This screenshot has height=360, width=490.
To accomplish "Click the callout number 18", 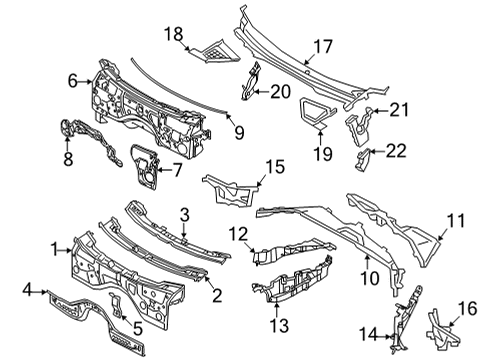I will [x=174, y=33].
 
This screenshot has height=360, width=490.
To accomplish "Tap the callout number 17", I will [x=324, y=45].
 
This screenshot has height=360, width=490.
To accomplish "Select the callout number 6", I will [x=72, y=78].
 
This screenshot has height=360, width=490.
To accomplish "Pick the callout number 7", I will [x=177, y=170].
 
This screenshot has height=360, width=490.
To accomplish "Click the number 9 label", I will [x=239, y=130].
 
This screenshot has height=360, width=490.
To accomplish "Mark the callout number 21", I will [x=400, y=109].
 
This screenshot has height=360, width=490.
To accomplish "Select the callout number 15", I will [x=274, y=164].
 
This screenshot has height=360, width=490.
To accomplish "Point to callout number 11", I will [x=455, y=219].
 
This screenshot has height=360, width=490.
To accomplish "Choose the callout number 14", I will [x=366, y=334].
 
